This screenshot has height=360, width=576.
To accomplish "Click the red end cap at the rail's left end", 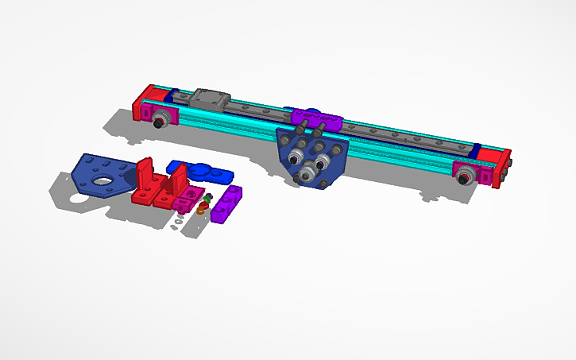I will (x=143, y=103).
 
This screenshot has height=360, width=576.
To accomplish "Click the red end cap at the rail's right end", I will (x=502, y=166).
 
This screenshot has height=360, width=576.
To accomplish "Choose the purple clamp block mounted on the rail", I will (x=316, y=120).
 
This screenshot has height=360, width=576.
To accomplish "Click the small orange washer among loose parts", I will (x=202, y=211).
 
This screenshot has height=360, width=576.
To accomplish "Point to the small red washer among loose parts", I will (x=203, y=204).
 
